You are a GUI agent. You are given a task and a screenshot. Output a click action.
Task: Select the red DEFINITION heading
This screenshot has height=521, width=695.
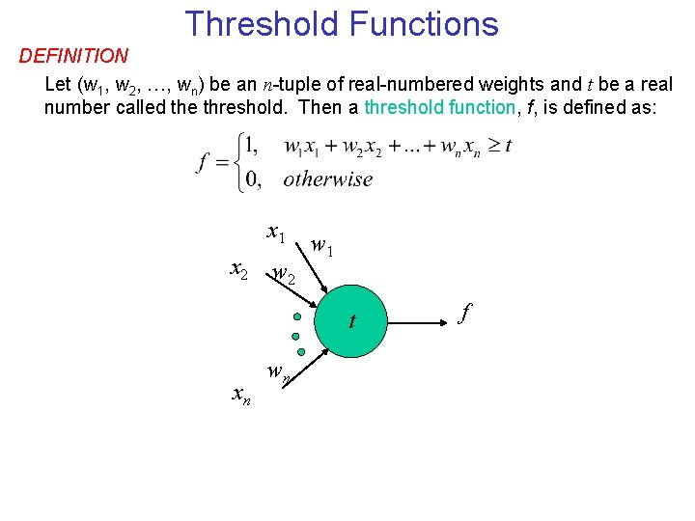pos(73,57)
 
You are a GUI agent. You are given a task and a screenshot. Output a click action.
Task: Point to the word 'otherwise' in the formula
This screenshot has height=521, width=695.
pos(328,178)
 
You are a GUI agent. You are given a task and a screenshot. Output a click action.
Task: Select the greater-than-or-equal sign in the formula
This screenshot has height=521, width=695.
pos(489,147)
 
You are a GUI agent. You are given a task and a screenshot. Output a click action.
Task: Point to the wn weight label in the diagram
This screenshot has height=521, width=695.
pos(279,371)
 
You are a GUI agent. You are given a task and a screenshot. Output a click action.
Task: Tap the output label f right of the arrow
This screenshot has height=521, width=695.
pos(465,313)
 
